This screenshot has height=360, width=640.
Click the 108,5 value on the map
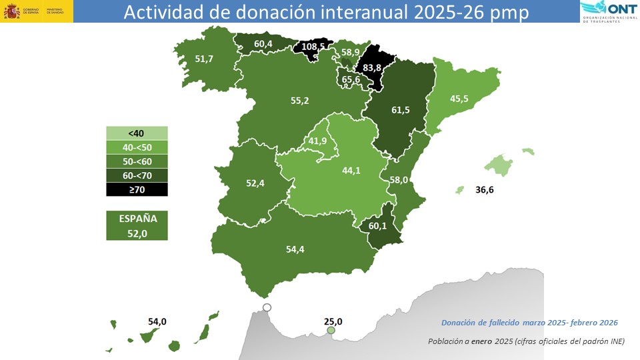[x=313, y=47]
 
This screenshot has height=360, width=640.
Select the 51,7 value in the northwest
[x=204, y=59]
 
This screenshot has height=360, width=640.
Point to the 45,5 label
[x=459, y=99]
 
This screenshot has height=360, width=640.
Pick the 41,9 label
[x=317, y=141]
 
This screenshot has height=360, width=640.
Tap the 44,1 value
[x=351, y=170]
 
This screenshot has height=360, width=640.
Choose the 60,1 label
[x=377, y=226]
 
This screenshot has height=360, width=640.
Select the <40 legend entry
[x=137, y=133]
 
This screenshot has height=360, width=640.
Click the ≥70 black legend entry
[x=137, y=189]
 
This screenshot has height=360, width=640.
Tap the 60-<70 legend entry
[x=137, y=175]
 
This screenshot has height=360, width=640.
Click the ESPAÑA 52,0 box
[x=137, y=225]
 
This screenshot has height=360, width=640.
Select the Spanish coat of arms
[x=11, y=11]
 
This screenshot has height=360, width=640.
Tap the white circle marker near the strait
[x=267, y=307]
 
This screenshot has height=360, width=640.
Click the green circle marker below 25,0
[x=331, y=331]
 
